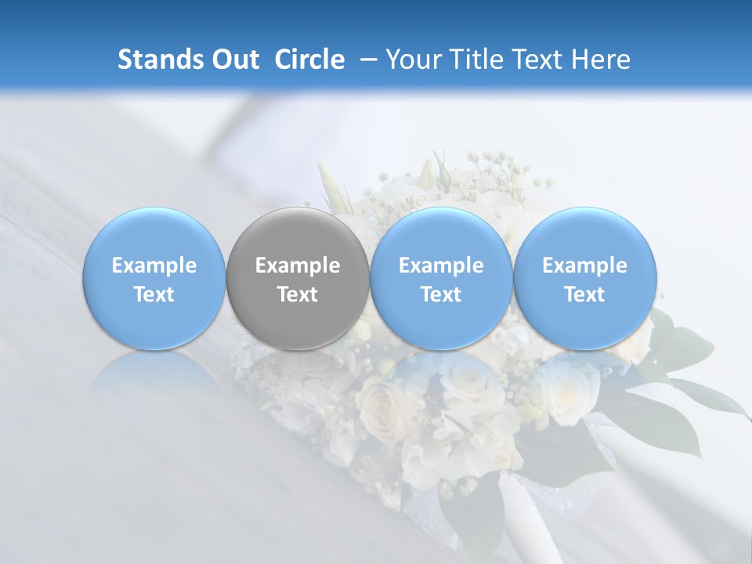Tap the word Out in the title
(233, 60)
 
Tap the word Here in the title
(604, 60)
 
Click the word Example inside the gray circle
(298, 266)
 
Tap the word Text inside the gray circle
(298, 295)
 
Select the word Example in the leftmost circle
(154, 266)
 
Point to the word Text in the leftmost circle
(154, 295)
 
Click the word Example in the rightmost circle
(585, 266)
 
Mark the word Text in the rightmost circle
(585, 295)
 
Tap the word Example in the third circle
(441, 266)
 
